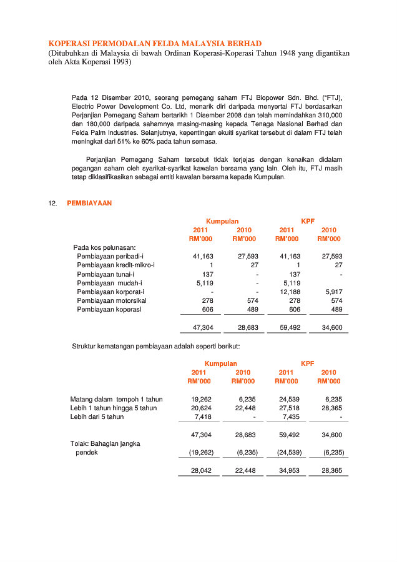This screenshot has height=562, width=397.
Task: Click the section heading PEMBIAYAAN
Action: point(89,204)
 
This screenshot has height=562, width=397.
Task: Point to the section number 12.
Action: point(52,204)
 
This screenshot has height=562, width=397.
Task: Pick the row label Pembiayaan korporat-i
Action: point(110,292)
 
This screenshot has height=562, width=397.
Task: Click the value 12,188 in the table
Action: point(290,292)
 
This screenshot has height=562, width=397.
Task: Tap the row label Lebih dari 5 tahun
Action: point(97,417)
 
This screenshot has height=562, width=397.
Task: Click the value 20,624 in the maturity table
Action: point(201,408)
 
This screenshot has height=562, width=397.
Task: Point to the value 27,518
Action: point(290,408)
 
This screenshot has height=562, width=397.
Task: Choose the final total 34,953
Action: point(290,471)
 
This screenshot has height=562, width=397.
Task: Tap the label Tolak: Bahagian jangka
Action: point(105,443)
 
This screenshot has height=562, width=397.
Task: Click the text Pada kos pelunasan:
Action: point(104,248)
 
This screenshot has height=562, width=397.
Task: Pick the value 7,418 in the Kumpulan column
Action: point(203,417)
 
